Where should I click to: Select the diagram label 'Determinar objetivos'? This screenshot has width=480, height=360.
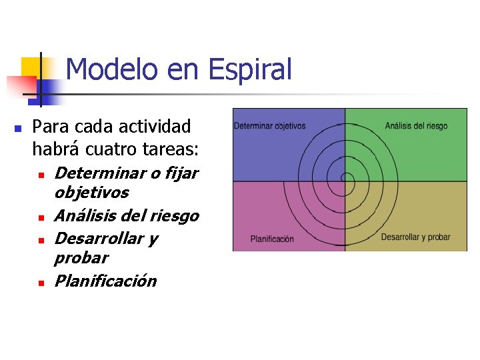(269, 125)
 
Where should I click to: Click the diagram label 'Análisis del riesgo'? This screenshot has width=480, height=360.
(416, 125)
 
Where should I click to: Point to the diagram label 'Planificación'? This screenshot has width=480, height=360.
(271, 239)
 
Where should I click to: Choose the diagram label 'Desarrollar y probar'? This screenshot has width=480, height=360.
(415, 237)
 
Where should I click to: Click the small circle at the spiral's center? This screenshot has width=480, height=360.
(346, 178)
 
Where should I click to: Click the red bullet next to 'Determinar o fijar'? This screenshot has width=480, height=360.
(41, 175)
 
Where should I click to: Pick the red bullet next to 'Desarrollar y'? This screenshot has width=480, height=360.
(41, 240)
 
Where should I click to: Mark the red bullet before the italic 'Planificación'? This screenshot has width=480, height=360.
(41, 283)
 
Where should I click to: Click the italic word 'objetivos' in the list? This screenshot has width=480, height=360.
(91, 193)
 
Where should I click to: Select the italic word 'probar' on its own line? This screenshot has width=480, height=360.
(81, 257)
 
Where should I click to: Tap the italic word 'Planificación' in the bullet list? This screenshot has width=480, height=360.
(105, 281)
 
